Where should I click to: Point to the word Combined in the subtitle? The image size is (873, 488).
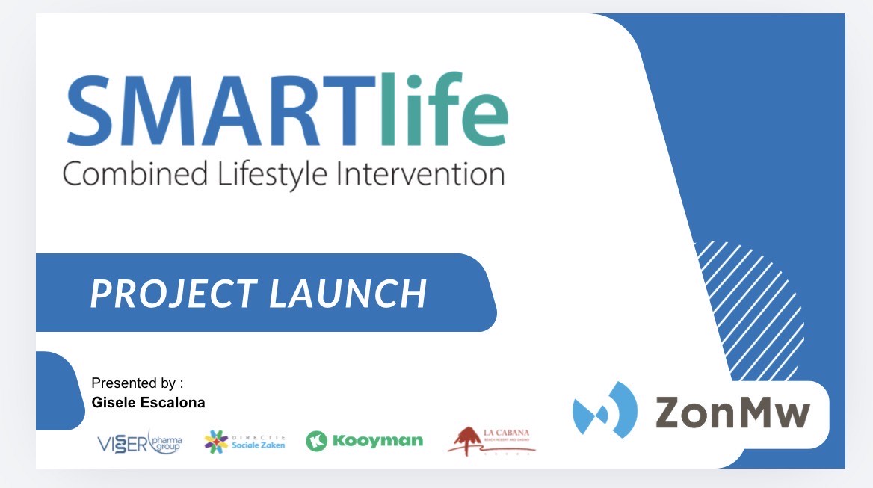135,174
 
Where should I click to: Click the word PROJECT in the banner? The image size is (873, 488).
173,294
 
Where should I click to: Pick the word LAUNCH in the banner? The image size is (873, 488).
348,294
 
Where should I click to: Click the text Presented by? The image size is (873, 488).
137,383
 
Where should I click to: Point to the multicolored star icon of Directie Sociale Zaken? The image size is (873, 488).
217,442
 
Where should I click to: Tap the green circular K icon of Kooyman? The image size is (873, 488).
317,441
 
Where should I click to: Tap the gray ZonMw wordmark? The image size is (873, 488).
732,412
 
